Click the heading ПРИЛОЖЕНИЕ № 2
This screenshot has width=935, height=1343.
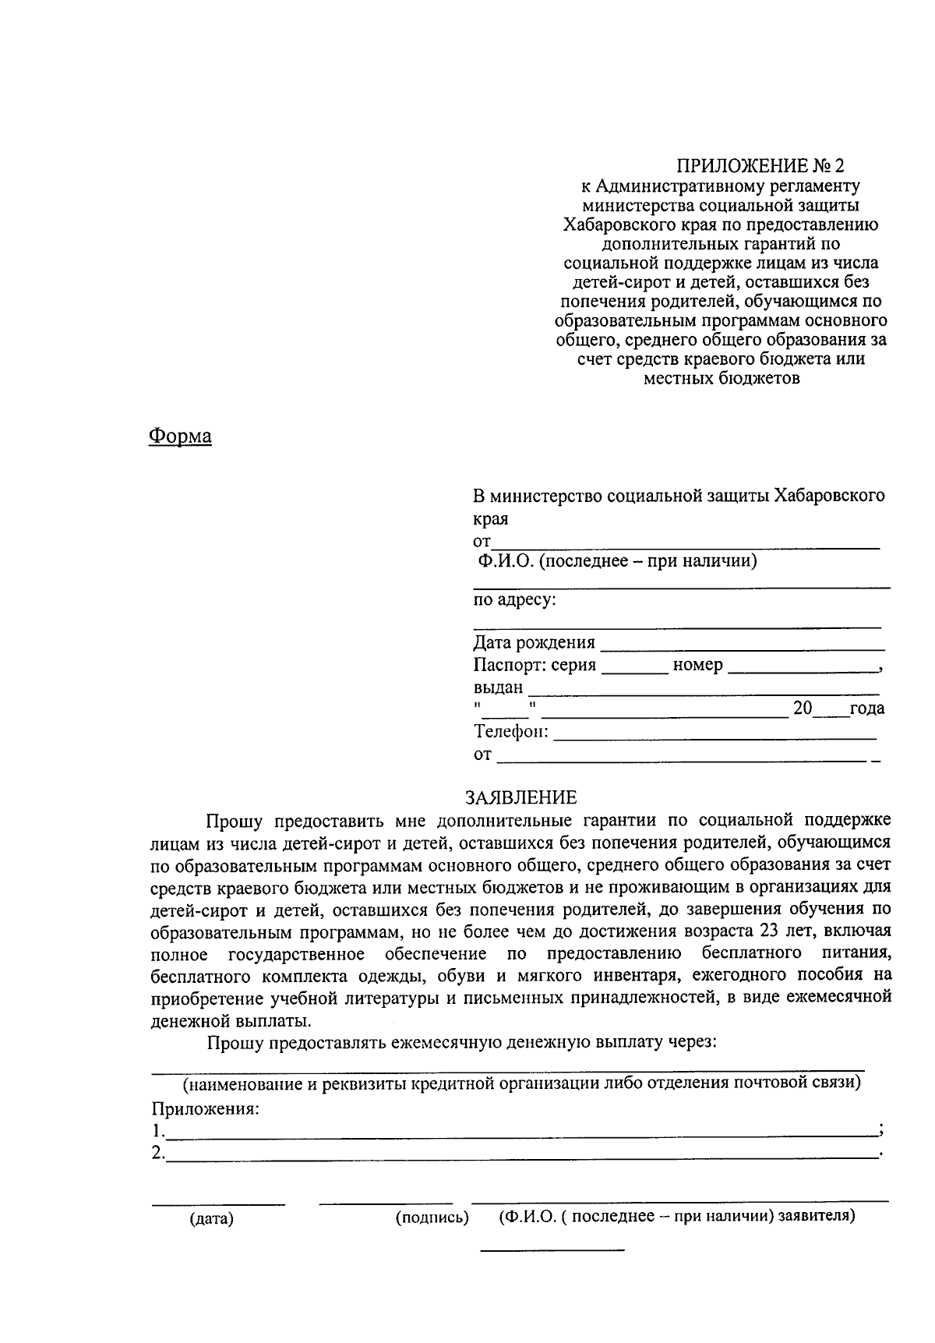[x=760, y=166]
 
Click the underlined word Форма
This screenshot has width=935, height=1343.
[x=180, y=436]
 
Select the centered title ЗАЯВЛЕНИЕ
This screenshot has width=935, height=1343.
[x=521, y=797]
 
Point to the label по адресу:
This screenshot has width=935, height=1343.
[x=514, y=599]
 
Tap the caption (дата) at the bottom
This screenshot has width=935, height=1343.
[x=211, y=1219]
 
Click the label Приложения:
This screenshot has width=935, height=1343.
[x=205, y=1109]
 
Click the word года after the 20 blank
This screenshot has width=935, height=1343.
[x=866, y=709]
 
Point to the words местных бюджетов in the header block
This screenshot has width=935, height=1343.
[x=722, y=379]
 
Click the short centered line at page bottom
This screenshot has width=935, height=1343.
[x=552, y=1251]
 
